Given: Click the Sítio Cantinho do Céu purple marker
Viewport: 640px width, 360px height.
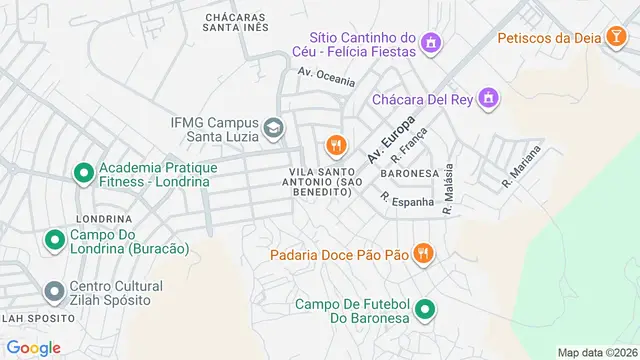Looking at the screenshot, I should click(431, 43).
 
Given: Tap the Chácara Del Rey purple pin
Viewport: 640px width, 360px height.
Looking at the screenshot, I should click(487, 99).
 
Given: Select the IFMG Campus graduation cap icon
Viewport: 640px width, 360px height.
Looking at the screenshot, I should click(273, 128).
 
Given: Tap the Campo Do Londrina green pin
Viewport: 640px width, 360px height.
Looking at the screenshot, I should click(54, 240).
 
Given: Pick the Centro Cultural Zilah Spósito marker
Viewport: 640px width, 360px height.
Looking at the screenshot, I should click(54, 291).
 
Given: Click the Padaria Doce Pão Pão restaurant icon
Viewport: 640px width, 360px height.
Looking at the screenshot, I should click(424, 255).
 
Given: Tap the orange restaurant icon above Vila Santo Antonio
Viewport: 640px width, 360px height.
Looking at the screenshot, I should click(335, 146).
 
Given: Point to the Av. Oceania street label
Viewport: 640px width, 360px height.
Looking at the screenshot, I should click(326, 76).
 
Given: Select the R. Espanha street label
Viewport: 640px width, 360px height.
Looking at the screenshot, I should click(407, 200).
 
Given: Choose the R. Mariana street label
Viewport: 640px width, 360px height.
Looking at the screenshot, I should click(522, 167).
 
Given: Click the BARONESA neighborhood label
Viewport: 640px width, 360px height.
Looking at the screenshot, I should click(409, 173).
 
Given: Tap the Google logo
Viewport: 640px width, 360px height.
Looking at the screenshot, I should click(33, 347).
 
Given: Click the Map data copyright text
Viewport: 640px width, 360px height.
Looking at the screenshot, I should click(597, 352).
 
